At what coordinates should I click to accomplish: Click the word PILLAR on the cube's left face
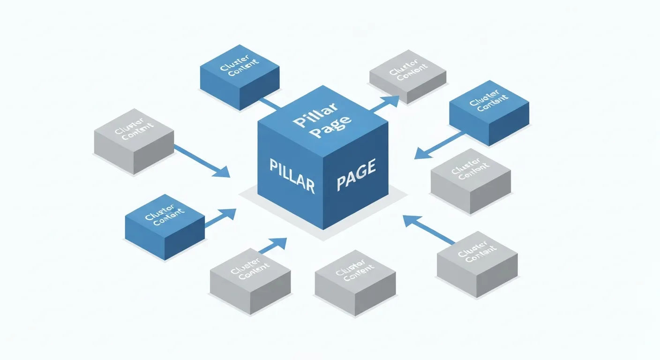click(x=292, y=175)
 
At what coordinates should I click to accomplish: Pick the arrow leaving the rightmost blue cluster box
click(x=438, y=145)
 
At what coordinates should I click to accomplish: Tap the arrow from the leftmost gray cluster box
click(x=202, y=162)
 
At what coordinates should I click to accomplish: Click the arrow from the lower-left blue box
click(x=220, y=218)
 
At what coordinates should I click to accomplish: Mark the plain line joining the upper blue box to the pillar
click(x=270, y=103)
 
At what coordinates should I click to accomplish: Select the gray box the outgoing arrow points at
click(x=408, y=76)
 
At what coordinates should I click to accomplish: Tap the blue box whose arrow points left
click(x=489, y=112)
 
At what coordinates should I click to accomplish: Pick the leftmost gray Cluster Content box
click(x=134, y=141)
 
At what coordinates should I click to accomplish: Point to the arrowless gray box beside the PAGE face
click(x=470, y=181)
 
